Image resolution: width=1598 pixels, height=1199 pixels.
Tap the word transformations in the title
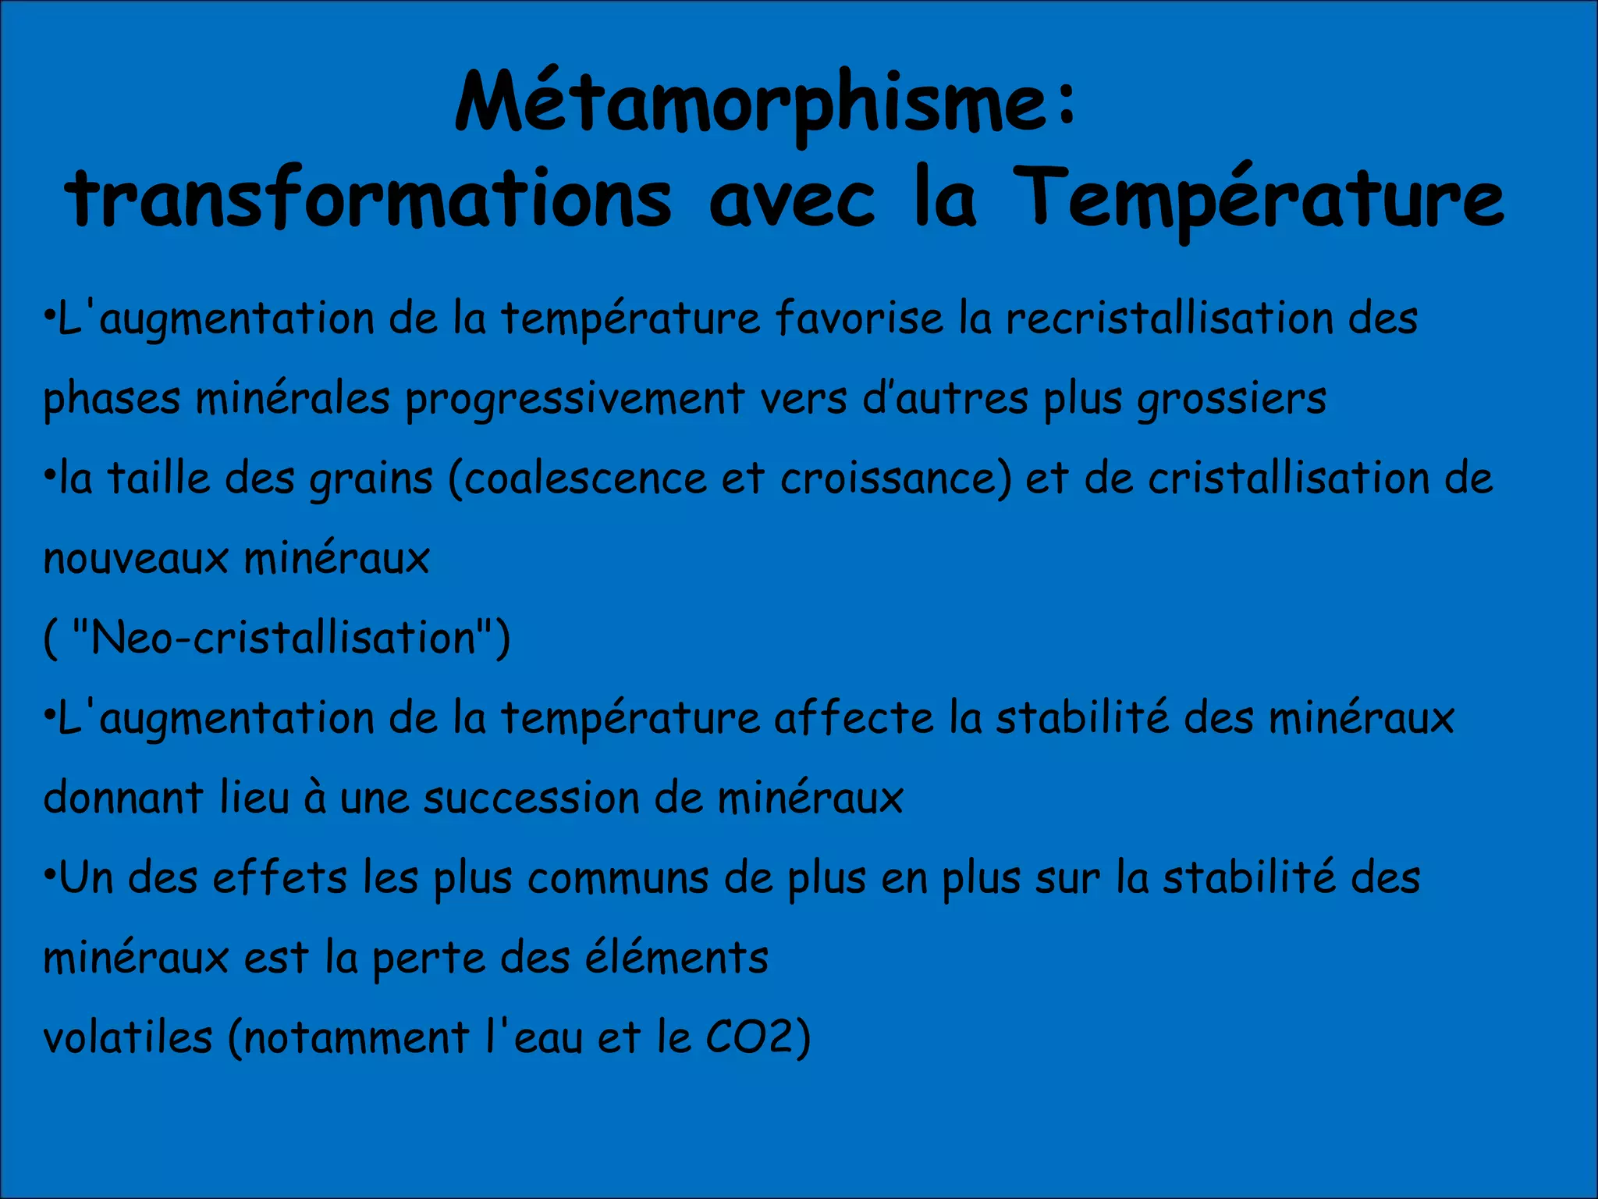[368, 199]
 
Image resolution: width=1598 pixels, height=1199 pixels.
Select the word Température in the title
[1262, 199]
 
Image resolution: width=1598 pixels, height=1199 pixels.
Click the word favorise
[858, 318]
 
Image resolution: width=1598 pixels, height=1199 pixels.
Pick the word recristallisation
[1169, 318]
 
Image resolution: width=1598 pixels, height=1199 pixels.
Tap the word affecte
[853, 718]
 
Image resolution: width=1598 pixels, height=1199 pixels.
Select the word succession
[531, 798]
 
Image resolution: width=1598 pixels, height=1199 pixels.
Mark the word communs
[617, 878]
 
